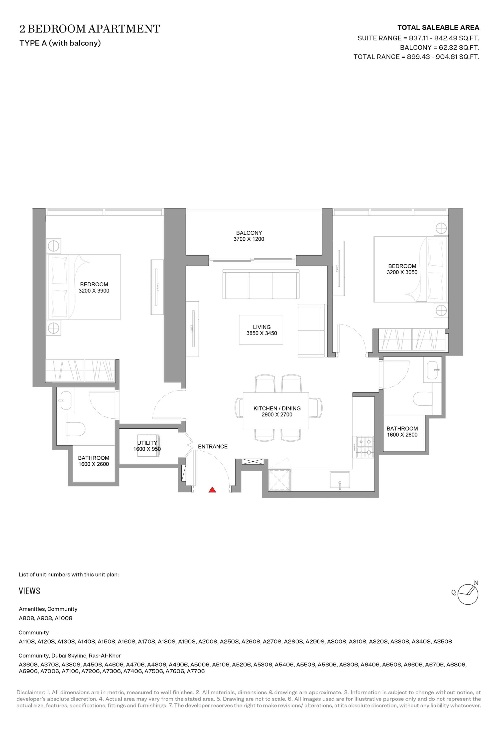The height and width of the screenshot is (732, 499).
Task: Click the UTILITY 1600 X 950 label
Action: click(x=147, y=446)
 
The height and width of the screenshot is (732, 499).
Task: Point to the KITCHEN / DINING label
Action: click(x=277, y=408)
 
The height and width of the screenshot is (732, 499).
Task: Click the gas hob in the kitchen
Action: click(x=365, y=447)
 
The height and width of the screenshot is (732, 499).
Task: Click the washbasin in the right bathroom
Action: click(x=432, y=370)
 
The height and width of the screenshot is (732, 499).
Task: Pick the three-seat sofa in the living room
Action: click(x=261, y=284)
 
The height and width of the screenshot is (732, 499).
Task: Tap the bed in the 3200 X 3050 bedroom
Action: click(x=410, y=269)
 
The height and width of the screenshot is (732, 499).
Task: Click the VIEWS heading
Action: click(x=29, y=591)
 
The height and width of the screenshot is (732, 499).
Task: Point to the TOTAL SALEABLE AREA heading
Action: click(x=438, y=28)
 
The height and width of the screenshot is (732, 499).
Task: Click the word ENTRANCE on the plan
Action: click(x=213, y=446)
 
